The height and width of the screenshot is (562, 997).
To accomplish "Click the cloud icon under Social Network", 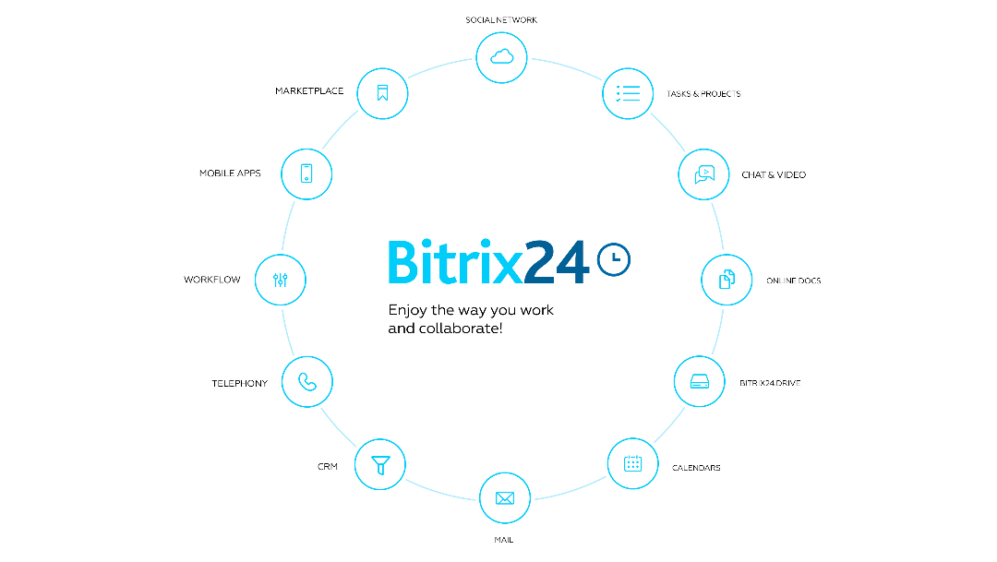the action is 501,57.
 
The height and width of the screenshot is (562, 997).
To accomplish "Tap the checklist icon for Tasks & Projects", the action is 628,93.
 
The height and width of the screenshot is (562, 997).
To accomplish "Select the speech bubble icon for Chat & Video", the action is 704,174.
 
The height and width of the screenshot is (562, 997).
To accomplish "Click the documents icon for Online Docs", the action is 727,280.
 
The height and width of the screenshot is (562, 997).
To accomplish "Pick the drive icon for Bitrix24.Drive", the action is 700,381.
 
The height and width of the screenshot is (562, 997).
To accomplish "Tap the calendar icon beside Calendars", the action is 632,463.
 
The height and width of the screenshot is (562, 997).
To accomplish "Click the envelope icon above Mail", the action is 505,498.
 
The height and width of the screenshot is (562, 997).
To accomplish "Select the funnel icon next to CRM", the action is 380,465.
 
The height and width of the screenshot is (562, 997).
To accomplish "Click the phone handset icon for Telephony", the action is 307,381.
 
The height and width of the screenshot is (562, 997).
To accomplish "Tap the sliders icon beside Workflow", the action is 281,280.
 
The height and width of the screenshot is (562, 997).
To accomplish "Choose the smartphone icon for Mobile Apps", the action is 306,173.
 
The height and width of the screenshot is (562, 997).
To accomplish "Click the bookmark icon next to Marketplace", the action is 382,93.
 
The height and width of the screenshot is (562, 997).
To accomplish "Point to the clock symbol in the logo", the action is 614,259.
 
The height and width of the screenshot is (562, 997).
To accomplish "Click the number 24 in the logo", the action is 558,262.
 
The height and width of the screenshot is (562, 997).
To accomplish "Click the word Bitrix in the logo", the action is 455,260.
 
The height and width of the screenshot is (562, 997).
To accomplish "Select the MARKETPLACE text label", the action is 309,91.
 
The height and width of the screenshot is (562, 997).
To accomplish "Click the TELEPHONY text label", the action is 240,383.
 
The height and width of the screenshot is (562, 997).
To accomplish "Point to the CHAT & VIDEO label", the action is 774,174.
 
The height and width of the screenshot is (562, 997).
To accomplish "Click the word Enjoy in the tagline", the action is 408,310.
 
